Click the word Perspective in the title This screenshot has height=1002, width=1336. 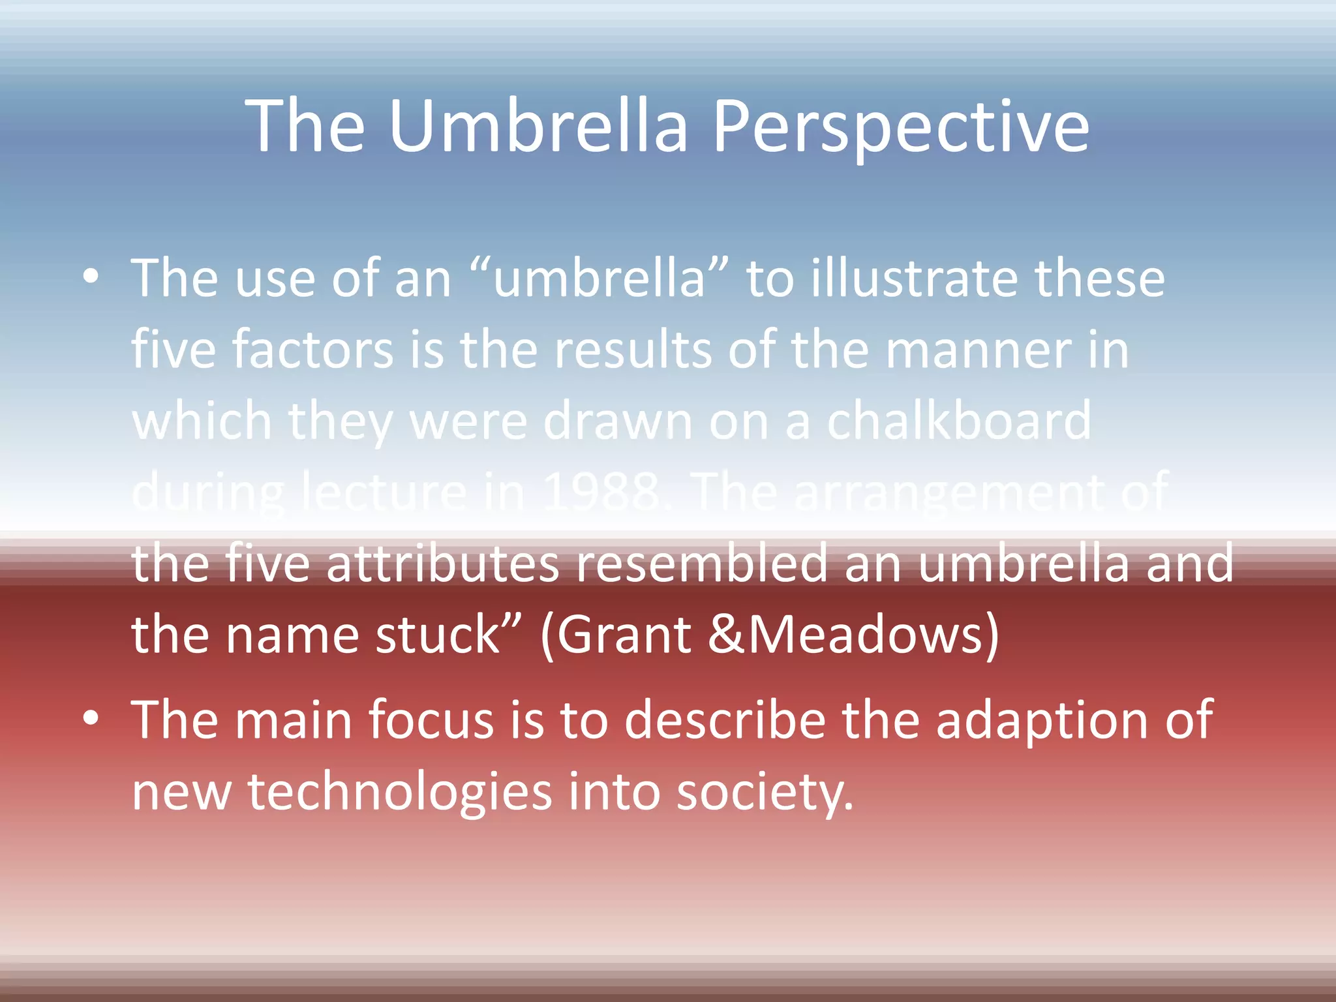pyautogui.click(x=900, y=127)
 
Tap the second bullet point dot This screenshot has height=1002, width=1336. pyautogui.click(x=91, y=718)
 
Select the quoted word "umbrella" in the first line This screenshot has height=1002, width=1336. pyautogui.click(x=599, y=279)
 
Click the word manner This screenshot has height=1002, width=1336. pyautogui.click(x=978, y=350)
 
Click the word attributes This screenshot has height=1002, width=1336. pyautogui.click(x=442, y=564)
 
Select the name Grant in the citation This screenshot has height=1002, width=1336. pyautogui.click(x=624, y=634)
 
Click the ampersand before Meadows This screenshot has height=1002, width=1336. pyautogui.click(x=725, y=634)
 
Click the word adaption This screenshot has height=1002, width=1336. pyautogui.click(x=1041, y=721)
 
